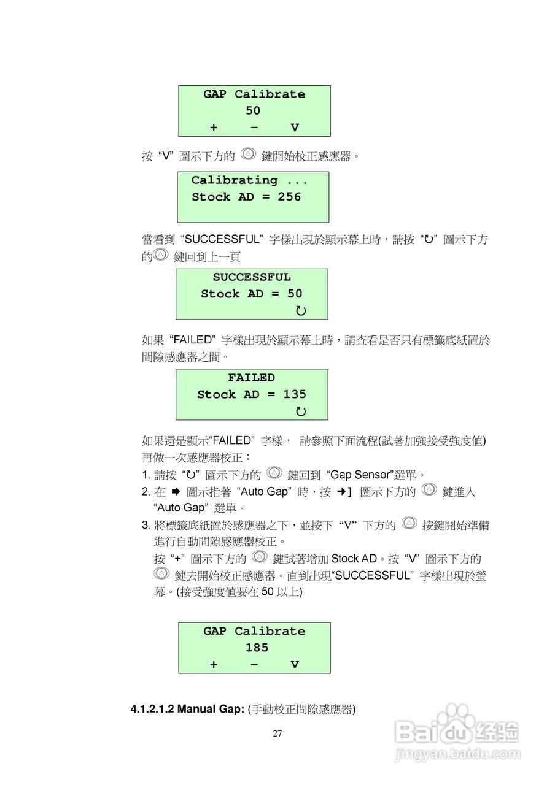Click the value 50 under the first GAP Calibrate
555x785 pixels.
point(253,111)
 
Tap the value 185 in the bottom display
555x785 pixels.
point(257,648)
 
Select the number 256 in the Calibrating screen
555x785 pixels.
point(289,197)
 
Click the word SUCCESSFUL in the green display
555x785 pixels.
point(252,277)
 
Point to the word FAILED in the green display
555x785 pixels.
point(251,378)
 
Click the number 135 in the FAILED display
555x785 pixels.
point(294,394)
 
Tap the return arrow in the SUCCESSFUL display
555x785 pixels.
point(301,311)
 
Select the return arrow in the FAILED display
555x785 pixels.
point(301,412)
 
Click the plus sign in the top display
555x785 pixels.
point(214,128)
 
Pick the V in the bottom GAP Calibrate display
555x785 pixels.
point(295,664)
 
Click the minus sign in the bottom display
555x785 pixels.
point(254,664)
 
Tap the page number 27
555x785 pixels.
point(277,733)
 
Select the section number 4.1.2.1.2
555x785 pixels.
point(152,710)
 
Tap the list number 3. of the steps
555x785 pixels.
point(146,526)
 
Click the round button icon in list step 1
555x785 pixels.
point(274,473)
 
